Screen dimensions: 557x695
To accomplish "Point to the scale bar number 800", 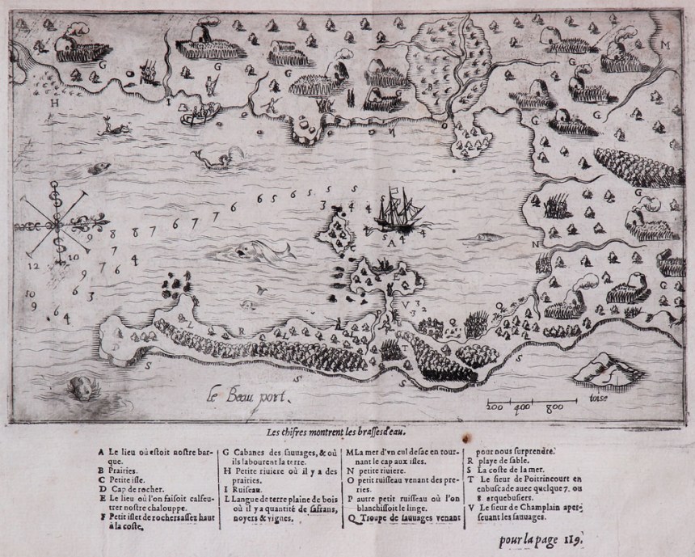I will (x=554, y=407).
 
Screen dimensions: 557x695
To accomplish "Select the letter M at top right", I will (x=665, y=44).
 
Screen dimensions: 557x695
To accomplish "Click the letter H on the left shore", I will (x=55, y=103).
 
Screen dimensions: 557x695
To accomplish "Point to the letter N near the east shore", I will (x=534, y=243).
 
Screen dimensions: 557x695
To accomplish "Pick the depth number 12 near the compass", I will (x=33, y=265).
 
